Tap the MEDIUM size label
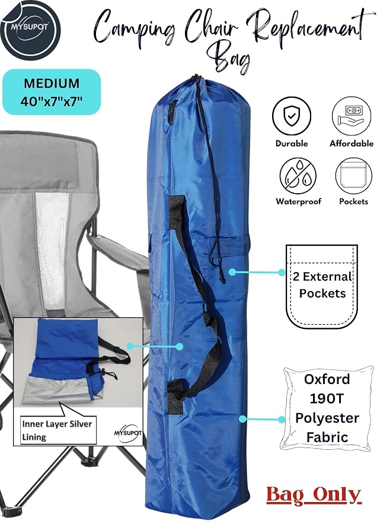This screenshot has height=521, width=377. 52,83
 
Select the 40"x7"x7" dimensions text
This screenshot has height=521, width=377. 52,101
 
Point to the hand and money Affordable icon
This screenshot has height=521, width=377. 352,116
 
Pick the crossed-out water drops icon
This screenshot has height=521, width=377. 298,176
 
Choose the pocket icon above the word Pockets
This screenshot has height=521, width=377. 353,176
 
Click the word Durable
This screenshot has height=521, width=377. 292,143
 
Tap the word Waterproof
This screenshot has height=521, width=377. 298,202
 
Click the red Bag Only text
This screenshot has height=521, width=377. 314,495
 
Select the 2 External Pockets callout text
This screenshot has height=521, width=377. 322,285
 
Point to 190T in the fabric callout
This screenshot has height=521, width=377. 327,398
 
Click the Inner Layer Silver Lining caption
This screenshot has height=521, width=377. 56,430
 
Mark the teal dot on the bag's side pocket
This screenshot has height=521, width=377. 232,272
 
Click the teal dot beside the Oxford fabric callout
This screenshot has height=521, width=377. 242,418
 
